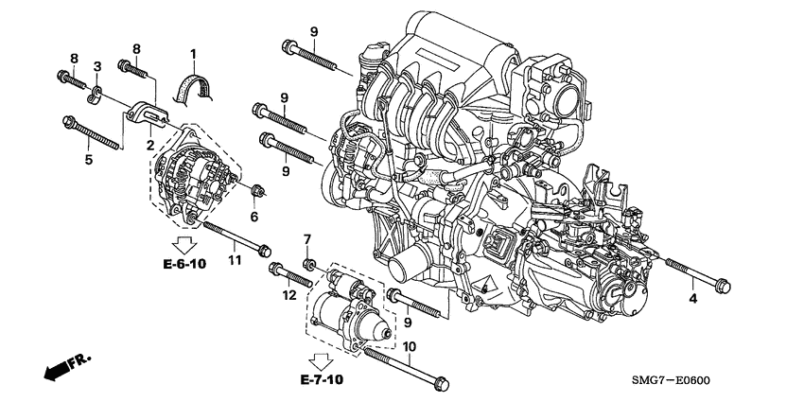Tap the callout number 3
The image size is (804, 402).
(96, 64)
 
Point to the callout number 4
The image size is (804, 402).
(692, 300)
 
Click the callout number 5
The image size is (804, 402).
(89, 160)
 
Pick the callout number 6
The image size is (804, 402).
(253, 216)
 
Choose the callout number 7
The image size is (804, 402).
(306, 236)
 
